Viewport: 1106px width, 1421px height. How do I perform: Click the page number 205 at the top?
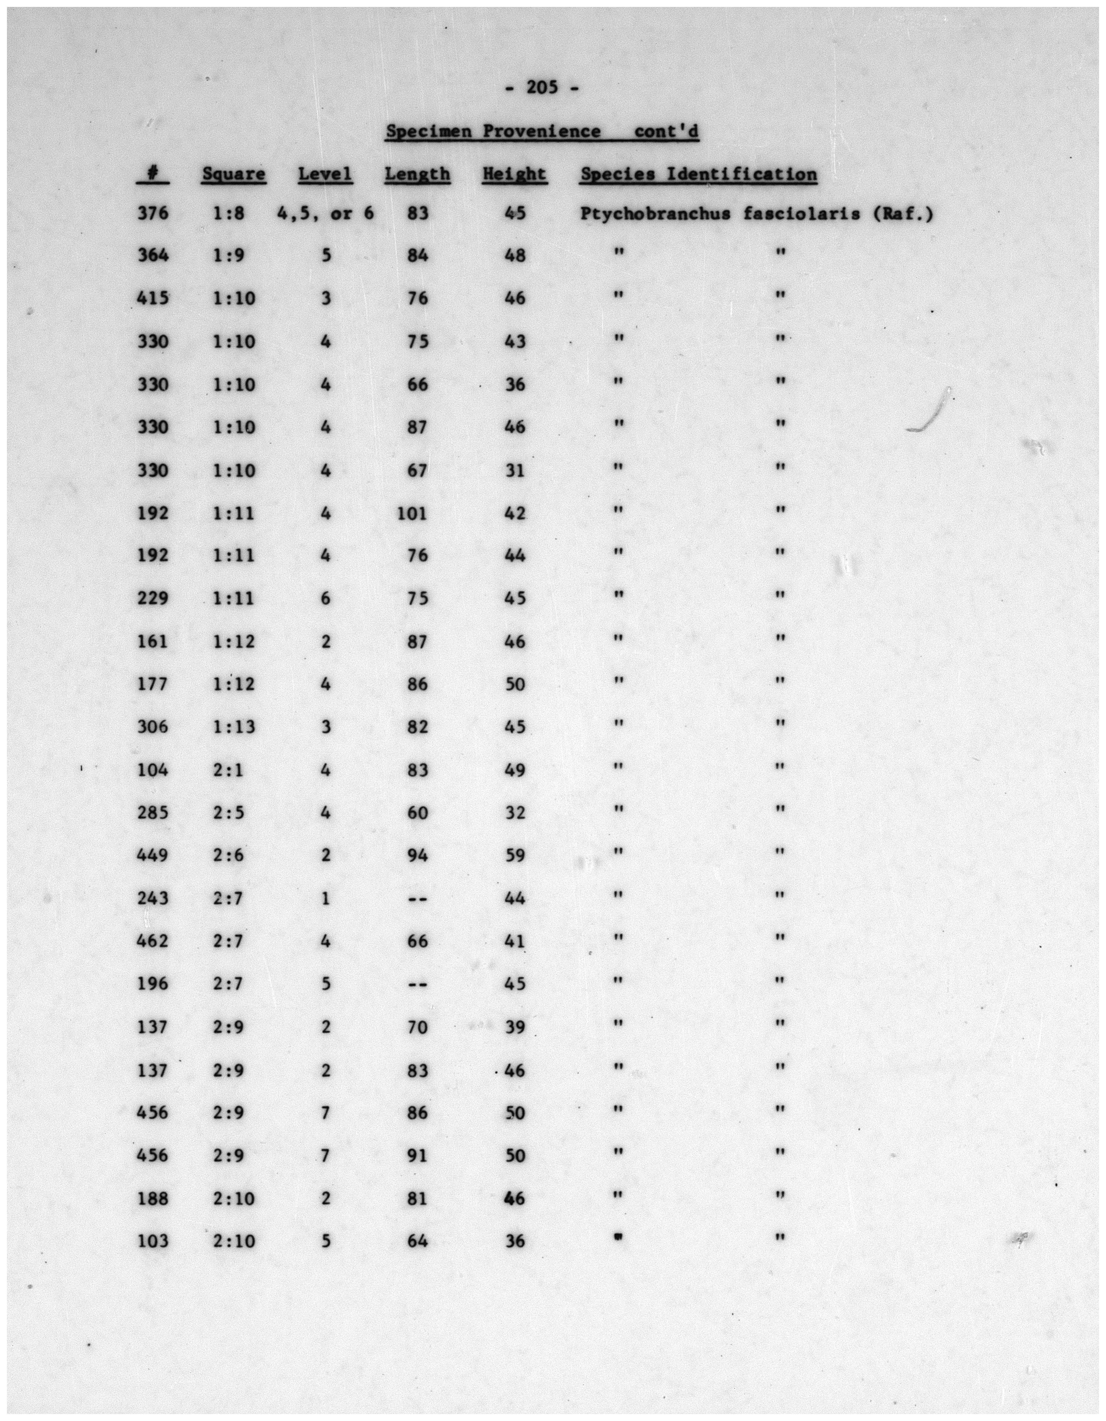[542, 87]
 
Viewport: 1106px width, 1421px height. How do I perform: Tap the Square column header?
[233, 174]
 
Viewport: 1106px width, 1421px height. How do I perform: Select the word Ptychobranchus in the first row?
[655, 213]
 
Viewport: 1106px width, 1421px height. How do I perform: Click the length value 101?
[412, 513]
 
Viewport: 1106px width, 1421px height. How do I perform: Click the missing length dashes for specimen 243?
[417, 899]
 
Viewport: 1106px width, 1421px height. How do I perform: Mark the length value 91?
[417, 1156]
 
